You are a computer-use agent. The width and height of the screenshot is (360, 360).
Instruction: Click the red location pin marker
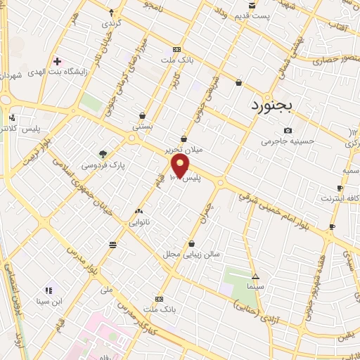tap(181, 167)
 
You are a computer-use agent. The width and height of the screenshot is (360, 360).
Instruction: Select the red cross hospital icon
tap(58, 62)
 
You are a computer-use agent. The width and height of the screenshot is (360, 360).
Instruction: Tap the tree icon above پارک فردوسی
tap(103, 154)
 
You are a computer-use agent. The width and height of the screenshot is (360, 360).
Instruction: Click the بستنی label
tap(143, 127)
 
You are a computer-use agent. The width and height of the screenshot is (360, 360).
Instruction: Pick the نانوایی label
tap(138, 222)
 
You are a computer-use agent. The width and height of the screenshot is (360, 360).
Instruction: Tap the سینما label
tap(255, 287)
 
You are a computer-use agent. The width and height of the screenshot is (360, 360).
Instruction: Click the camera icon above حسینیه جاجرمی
tap(288, 130)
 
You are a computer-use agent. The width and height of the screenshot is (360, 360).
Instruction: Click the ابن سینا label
tap(50, 302)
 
